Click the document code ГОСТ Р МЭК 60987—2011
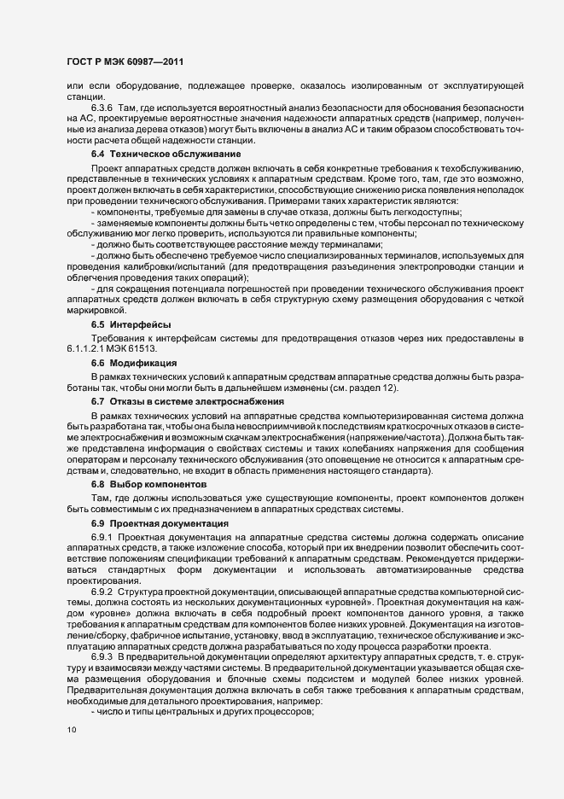(x=125, y=61)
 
